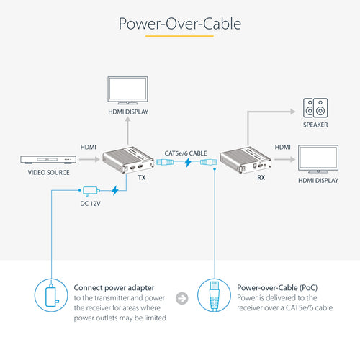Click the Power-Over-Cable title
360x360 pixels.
click(x=179, y=24)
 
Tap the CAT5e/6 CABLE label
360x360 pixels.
click(x=186, y=152)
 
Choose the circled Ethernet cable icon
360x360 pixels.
click(x=215, y=298)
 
